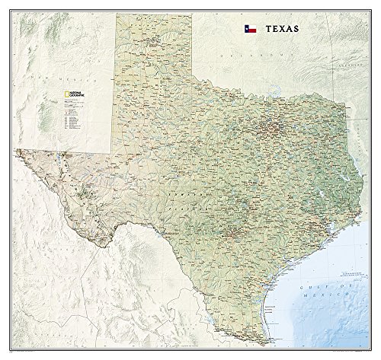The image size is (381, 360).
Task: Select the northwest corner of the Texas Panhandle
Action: click(x=117, y=14)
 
